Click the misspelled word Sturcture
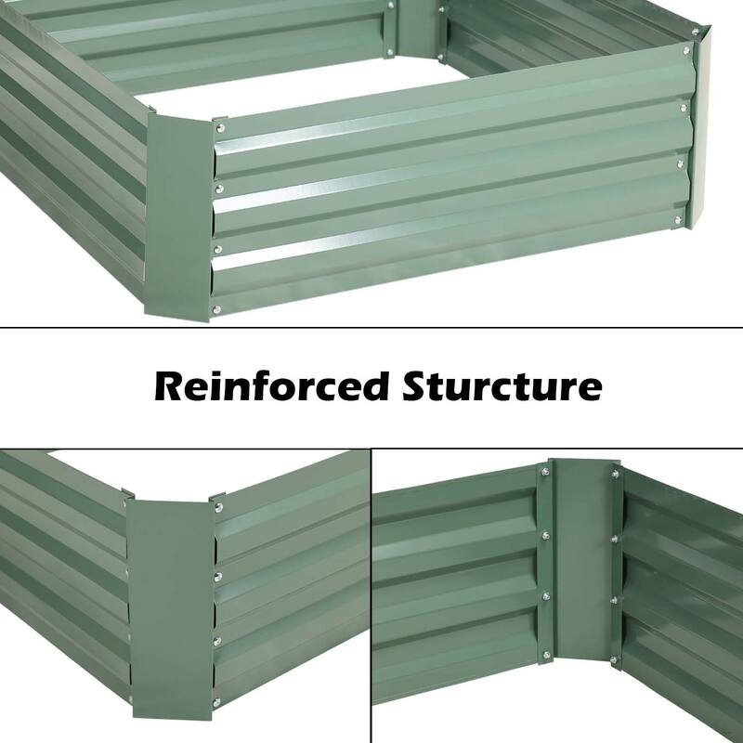[502, 385]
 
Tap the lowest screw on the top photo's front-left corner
[216, 310]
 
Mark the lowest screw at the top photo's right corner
[677, 220]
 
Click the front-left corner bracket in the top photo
[181, 218]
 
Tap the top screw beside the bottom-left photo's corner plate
[219, 507]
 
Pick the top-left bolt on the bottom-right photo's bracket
[543, 474]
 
